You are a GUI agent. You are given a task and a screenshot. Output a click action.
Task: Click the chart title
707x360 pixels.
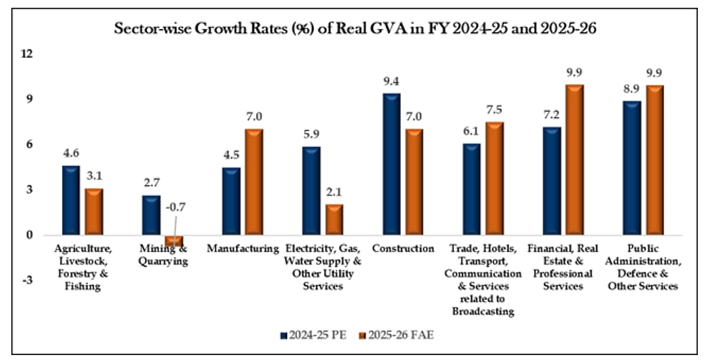click(353, 30)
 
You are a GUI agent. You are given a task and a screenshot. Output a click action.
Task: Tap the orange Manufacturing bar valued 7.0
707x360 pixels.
click(254, 182)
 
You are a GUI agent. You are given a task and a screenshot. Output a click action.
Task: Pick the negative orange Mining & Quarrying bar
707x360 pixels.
click(174, 240)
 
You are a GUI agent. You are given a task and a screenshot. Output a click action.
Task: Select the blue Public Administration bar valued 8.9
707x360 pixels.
click(632, 168)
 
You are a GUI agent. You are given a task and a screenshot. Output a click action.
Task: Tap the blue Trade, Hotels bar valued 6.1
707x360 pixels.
click(472, 189)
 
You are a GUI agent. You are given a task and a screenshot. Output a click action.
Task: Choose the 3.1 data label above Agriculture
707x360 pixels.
click(94, 178)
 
